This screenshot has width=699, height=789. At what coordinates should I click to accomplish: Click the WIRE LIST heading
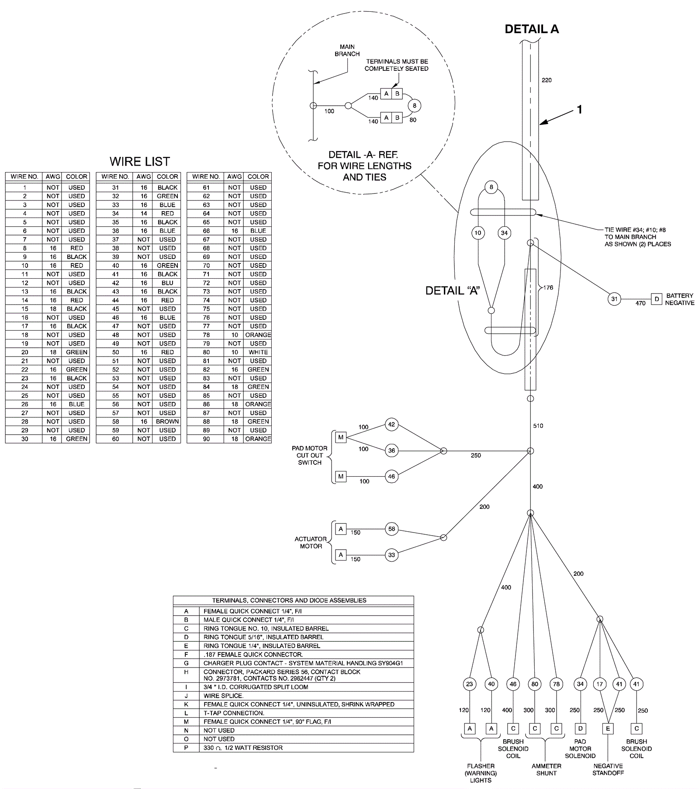point(139,162)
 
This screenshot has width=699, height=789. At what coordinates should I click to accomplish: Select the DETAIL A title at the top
point(531,29)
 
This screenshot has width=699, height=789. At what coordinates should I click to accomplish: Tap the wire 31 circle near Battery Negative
point(614,299)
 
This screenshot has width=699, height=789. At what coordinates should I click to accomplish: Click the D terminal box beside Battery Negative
point(656,299)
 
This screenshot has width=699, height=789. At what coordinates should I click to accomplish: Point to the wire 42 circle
point(391,424)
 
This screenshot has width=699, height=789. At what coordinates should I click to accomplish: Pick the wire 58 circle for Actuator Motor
point(391,529)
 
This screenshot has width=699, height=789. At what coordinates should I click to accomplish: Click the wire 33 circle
point(391,555)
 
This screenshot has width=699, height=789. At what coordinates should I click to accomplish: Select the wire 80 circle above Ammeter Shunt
point(535,684)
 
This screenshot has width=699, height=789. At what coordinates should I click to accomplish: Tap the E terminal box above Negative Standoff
point(608,728)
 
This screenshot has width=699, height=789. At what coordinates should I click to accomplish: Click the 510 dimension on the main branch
point(538,426)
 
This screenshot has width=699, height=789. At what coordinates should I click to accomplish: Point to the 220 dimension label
point(547,80)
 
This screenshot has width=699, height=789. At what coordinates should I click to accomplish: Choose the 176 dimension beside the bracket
point(548,287)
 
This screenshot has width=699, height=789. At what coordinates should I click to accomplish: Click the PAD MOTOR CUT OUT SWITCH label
point(310,455)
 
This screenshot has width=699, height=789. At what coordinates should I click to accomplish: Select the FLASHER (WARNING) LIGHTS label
point(481,773)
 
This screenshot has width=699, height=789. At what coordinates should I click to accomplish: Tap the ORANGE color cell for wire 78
point(258,335)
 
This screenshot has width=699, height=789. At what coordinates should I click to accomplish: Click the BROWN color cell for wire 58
point(167,422)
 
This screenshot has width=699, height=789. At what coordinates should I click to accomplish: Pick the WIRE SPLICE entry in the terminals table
point(223,696)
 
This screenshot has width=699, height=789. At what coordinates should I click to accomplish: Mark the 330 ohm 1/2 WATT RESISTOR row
point(243,748)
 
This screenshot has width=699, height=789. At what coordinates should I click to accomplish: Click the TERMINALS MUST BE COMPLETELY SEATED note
point(396,65)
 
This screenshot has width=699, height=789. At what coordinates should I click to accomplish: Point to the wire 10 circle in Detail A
point(478,233)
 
